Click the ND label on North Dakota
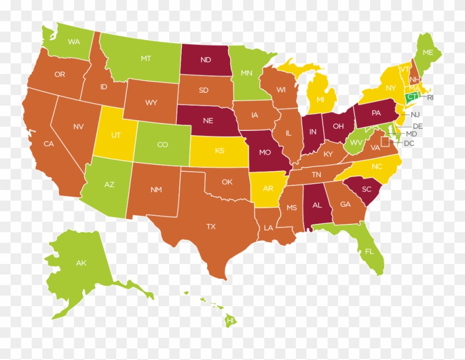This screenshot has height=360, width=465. coord(206,60)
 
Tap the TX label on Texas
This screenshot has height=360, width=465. coord(211,226)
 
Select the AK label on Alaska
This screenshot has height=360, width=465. coord(81,263)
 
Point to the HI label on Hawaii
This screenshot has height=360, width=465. coord(230,320)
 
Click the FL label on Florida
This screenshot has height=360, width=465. coord(368,252)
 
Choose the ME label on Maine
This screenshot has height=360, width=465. coord(427,52)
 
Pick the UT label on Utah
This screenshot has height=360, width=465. coord(116,135)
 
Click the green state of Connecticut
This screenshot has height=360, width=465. coord(411,97)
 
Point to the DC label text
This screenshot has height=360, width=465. coord(408,143)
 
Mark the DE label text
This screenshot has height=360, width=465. coord(417,126)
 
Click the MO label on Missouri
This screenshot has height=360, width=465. coord(265,153)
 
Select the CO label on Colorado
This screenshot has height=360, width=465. coord(162,145)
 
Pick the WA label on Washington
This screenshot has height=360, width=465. coord(73,41)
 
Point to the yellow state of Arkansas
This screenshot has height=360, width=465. coord(268,188)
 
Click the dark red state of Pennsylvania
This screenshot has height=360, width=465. coord(376,112)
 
